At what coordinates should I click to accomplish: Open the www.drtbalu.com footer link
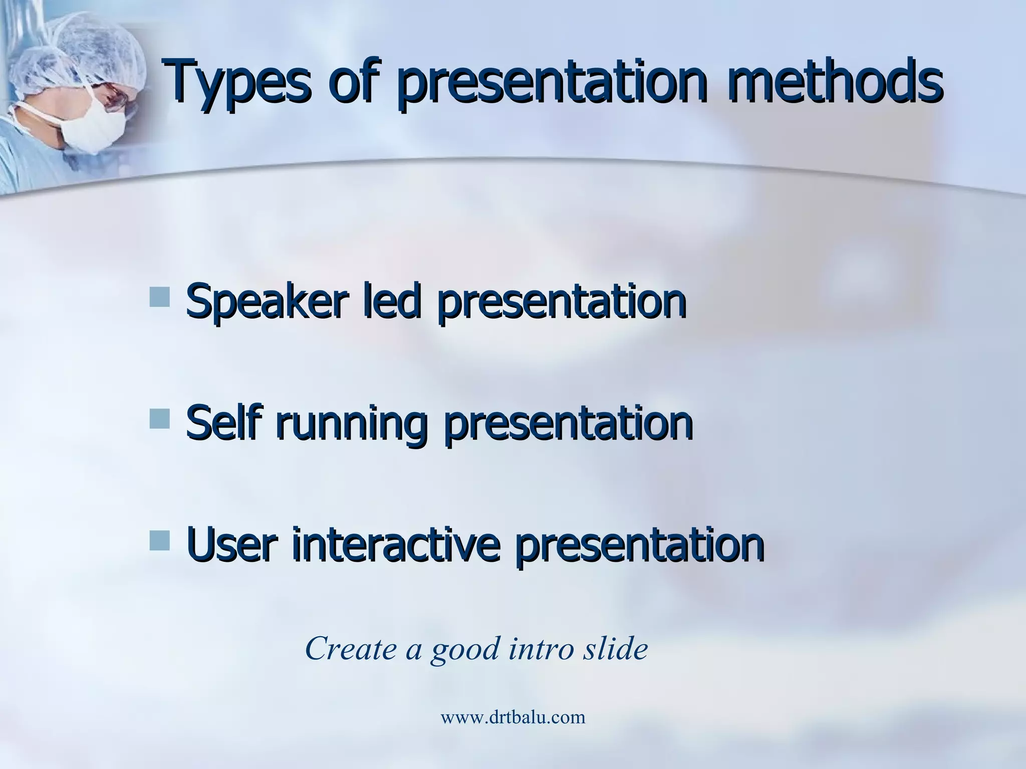click(x=512, y=717)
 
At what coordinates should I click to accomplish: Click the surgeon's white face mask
click(x=95, y=125)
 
